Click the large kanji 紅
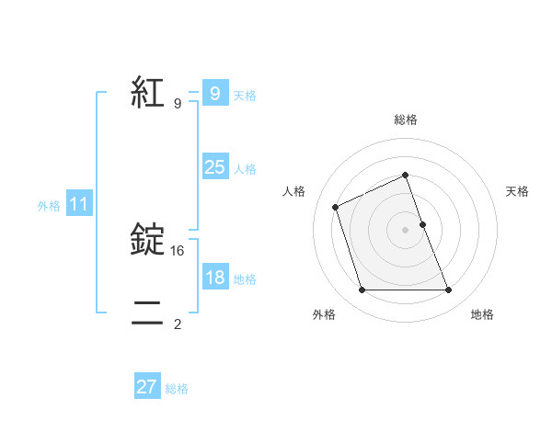point(147,93)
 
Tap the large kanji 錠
point(147,241)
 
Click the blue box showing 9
point(214,94)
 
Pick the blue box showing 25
point(214,167)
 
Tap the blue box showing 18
point(214,278)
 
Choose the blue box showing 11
point(78,205)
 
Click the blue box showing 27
point(147,387)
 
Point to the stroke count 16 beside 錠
point(178,250)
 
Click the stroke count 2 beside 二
point(178,324)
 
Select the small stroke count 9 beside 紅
point(178,103)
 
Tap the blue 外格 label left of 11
point(49,206)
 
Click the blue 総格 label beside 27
point(177,389)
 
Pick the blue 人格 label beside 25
point(245,169)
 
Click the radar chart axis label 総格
point(405,119)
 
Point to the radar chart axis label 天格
point(517,191)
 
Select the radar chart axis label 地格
point(482,314)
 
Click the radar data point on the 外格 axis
point(362,290)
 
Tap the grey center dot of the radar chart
point(405,230)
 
